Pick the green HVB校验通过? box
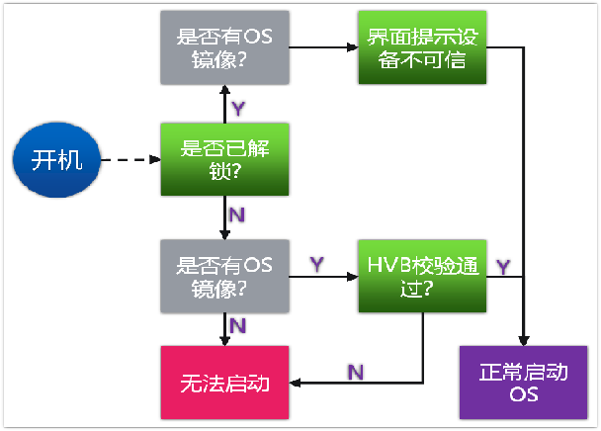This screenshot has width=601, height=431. coord(423,274)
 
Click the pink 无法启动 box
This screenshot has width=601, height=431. coord(225,383)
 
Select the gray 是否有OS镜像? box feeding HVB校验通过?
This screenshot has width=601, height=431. coord(225,274)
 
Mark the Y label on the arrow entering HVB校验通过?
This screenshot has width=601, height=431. coord(318,264)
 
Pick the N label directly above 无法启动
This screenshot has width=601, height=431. coord(238,324)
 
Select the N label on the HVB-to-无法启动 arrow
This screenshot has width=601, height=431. coord(356,370)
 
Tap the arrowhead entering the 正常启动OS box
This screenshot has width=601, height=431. coord(522,340)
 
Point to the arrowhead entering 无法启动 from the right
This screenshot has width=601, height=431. coord(296,383)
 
